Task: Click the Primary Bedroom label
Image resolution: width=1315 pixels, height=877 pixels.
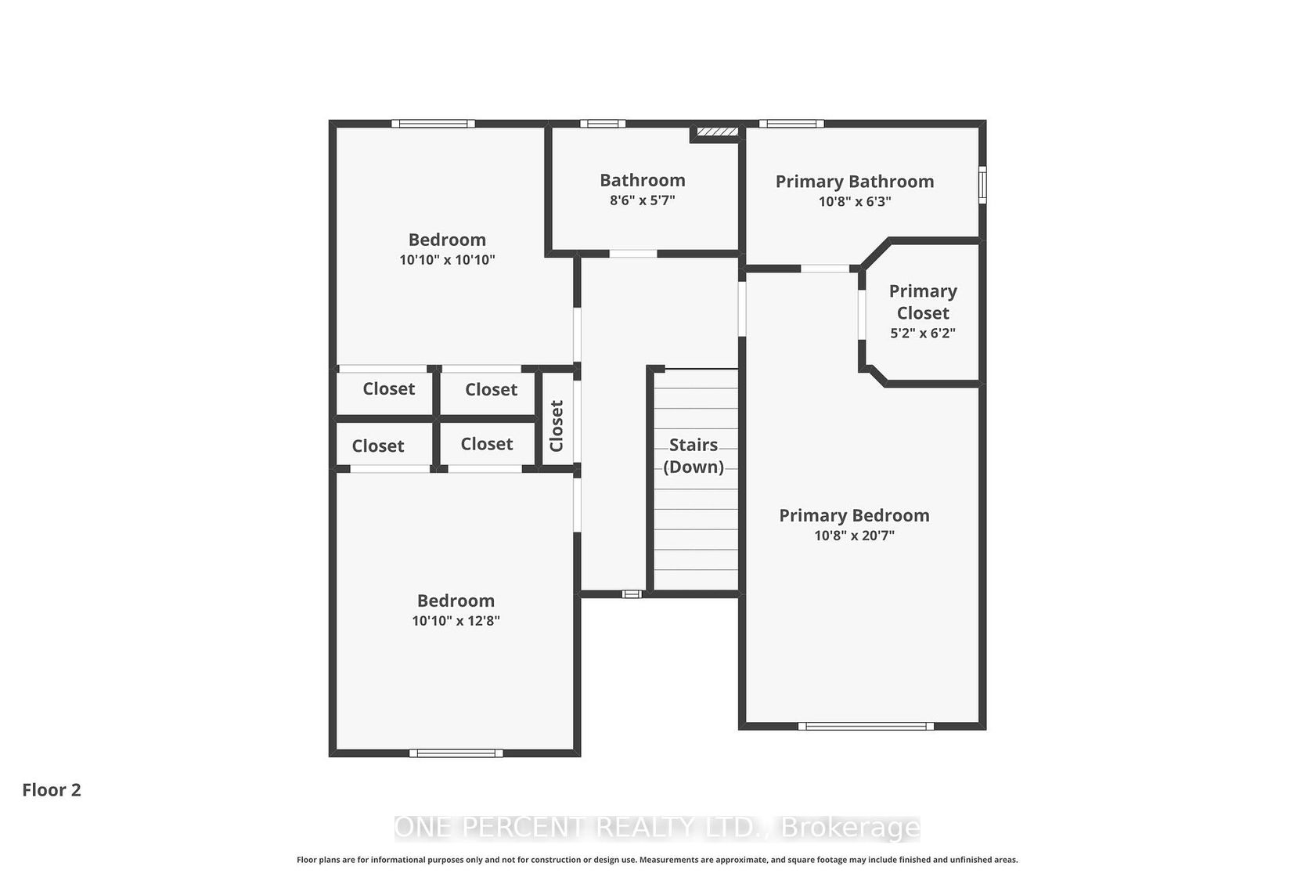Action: coord(854,516)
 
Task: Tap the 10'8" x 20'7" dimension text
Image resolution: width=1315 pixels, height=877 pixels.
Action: coord(854,536)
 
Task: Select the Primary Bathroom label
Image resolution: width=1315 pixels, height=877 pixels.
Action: coord(855,182)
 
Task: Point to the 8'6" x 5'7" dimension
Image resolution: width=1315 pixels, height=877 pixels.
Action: coord(642,200)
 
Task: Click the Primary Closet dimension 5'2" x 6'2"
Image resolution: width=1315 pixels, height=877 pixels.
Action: coord(923,333)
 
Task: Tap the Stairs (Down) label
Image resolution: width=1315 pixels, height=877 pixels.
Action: coord(694,456)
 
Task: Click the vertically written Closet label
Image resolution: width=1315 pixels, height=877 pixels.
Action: coord(557,426)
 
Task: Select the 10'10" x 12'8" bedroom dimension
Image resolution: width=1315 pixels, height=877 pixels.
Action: coord(456,621)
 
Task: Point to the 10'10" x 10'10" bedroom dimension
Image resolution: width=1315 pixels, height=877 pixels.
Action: coord(448,260)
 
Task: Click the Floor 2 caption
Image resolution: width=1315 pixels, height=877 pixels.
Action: coord(52,790)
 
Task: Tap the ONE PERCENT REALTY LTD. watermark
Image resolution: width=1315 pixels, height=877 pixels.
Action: coord(657,828)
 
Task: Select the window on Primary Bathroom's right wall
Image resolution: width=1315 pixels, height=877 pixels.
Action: coord(982,185)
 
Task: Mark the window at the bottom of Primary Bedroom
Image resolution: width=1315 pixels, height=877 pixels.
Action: coord(866,726)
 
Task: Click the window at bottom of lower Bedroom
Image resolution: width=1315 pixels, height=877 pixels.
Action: coord(456,753)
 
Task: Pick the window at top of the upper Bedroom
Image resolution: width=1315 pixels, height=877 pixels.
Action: coord(434,124)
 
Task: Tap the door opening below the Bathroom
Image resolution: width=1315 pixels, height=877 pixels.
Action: coord(632,254)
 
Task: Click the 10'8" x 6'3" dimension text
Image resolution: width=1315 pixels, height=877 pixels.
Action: coord(855,201)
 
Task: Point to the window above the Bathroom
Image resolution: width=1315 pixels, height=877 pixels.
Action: coord(603,124)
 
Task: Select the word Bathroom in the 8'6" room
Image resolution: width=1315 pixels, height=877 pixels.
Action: coord(642,180)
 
